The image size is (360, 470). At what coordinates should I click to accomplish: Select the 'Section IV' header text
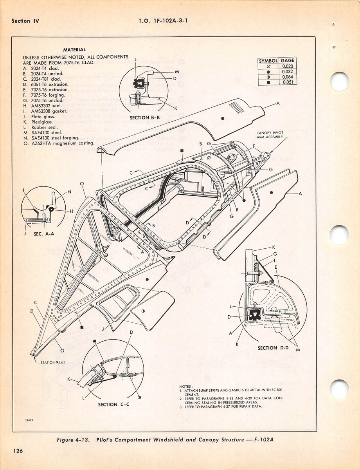26,21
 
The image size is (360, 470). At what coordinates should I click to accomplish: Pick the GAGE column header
287,61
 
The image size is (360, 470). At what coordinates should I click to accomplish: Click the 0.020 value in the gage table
287,66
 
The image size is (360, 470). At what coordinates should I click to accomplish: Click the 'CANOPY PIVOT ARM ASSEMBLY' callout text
273,134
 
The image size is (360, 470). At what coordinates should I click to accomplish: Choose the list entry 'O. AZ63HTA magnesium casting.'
59,143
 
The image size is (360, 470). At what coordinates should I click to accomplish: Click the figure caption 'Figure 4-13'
74,440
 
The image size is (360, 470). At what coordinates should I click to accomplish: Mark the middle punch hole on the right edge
338,235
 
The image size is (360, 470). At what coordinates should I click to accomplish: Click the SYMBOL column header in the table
268,61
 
